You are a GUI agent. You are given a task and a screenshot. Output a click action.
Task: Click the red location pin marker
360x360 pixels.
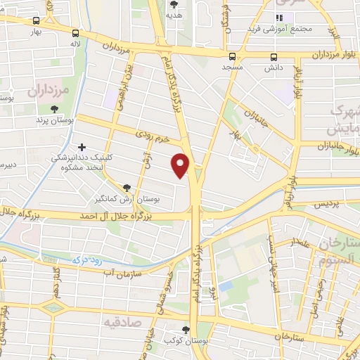(x=181, y=165)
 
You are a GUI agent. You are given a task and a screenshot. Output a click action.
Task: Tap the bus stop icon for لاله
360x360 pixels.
(x=75, y=32)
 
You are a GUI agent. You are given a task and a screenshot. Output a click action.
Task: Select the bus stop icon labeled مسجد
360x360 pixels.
(x=232, y=56)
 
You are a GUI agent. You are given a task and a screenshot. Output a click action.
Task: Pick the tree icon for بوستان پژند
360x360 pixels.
(x=55, y=108)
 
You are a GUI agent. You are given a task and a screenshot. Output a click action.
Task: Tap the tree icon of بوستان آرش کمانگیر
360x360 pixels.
(x=127, y=188)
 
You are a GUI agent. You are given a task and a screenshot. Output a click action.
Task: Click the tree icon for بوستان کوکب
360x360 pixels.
(x=186, y=329)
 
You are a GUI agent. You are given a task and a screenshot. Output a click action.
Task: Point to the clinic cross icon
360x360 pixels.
(x=82, y=147)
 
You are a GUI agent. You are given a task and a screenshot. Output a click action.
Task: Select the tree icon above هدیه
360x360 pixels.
(x=174, y=4)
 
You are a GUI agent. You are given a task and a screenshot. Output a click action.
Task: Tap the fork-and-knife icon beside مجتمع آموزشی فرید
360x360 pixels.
(x=279, y=17)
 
